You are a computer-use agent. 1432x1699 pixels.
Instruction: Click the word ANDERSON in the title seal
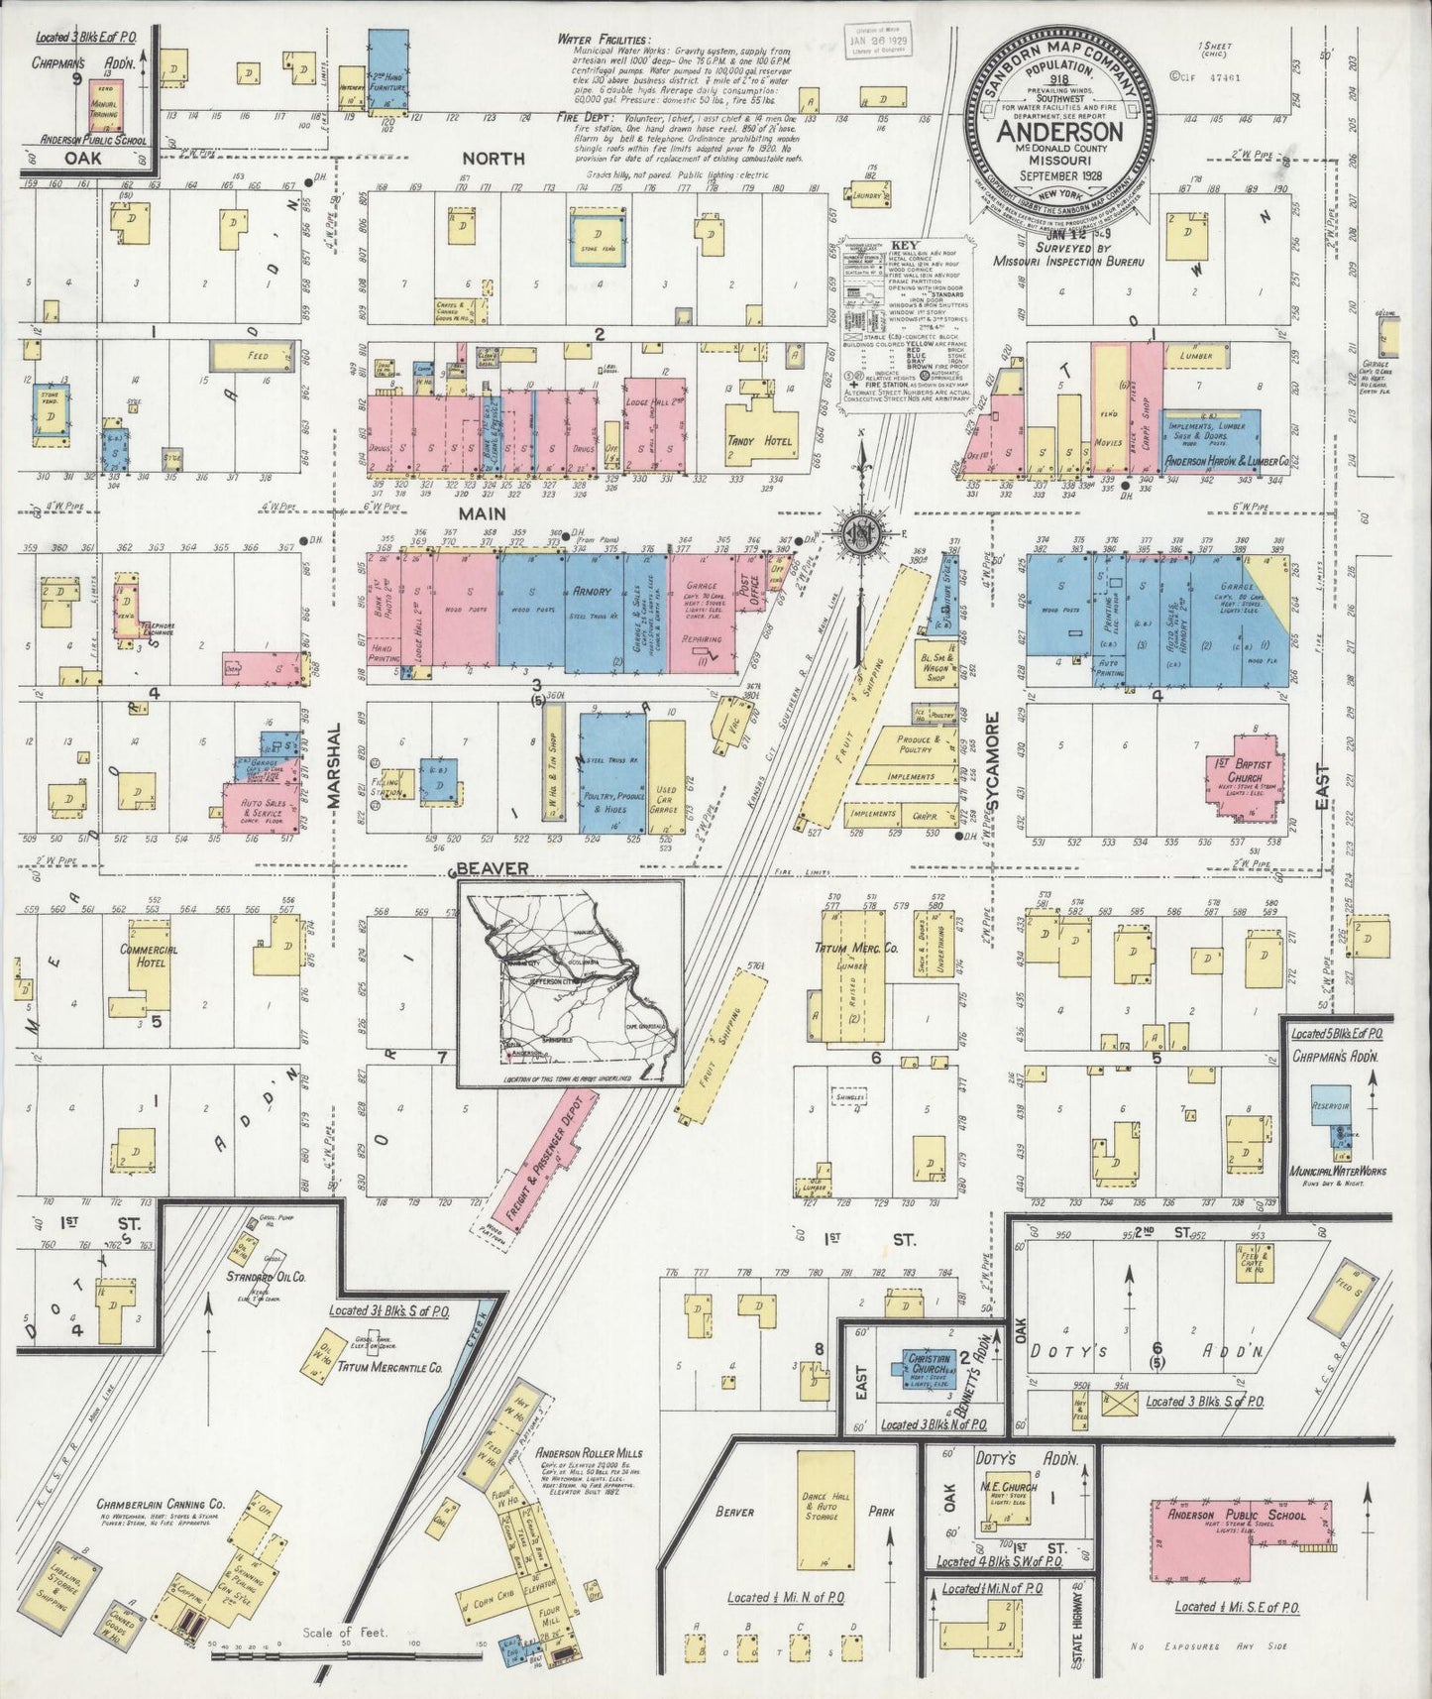[1059, 131]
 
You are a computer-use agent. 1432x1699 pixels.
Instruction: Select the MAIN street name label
[482, 513]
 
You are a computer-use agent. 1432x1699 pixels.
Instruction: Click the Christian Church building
[930, 1365]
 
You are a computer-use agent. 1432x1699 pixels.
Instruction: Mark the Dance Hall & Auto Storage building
[826, 1507]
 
